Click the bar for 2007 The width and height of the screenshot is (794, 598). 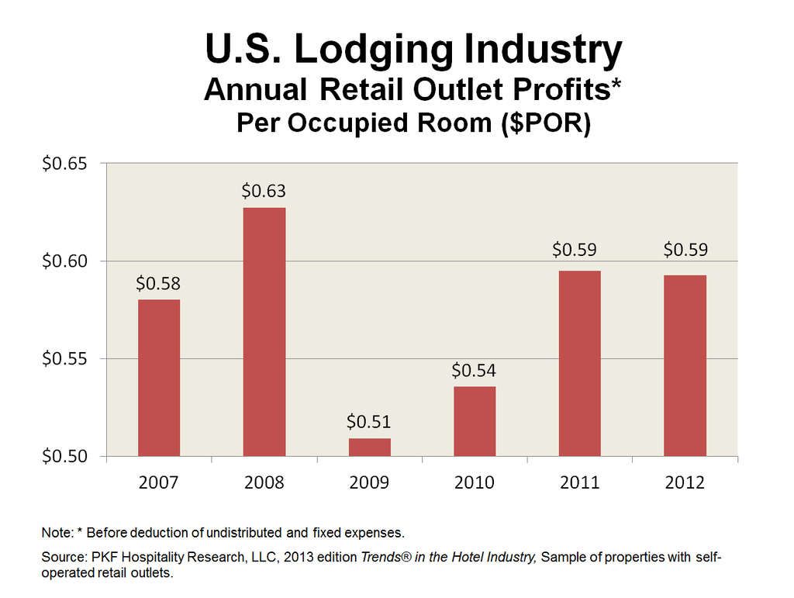pyautogui.click(x=159, y=378)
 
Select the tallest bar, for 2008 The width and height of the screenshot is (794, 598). pyautogui.click(x=264, y=332)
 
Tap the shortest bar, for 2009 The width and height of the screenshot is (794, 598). pyautogui.click(x=369, y=447)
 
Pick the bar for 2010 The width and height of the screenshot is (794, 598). pyautogui.click(x=475, y=421)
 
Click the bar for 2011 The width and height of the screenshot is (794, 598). pyautogui.click(x=579, y=363)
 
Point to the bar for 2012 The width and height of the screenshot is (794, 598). pyautogui.click(x=685, y=365)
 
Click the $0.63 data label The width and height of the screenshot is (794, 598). pyautogui.click(x=264, y=191)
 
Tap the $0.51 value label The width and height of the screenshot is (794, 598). pyautogui.click(x=369, y=422)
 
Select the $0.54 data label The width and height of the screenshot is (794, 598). pyautogui.click(x=475, y=370)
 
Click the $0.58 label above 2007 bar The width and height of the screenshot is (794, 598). pyautogui.click(x=159, y=283)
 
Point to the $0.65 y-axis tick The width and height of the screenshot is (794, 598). pyautogui.click(x=64, y=164)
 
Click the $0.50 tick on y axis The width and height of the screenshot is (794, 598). pyautogui.click(x=64, y=456)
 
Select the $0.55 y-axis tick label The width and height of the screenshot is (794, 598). pyautogui.click(x=64, y=358)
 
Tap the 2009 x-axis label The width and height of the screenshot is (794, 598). pyautogui.click(x=369, y=483)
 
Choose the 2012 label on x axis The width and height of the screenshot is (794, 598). pyautogui.click(x=685, y=483)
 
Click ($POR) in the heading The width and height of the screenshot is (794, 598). pyautogui.click(x=542, y=124)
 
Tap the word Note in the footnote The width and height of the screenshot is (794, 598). pyautogui.click(x=55, y=533)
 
